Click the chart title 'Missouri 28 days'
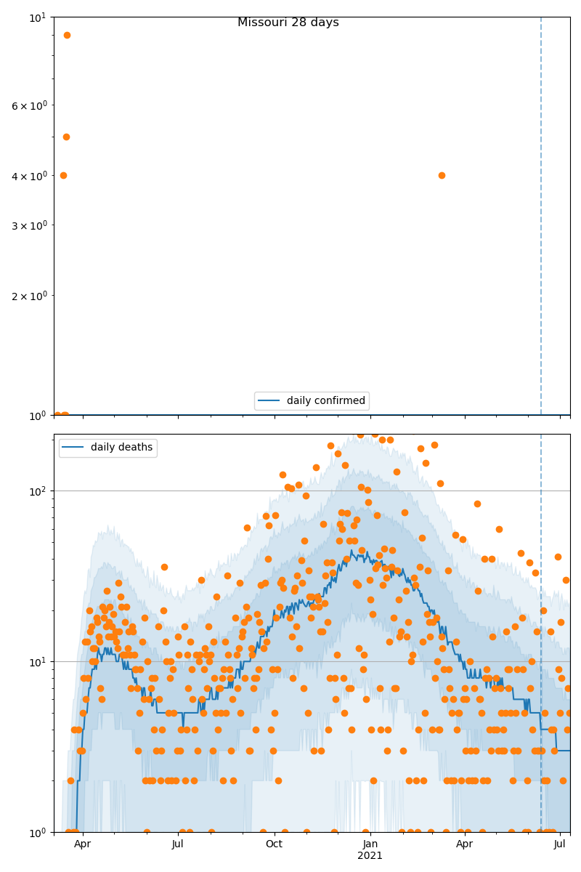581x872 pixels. [x=288, y=23]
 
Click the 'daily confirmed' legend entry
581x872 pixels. [x=312, y=401]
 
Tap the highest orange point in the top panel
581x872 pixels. [x=67, y=35]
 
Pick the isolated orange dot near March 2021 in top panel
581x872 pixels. [x=442, y=175]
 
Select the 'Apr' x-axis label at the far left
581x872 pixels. [x=82, y=844]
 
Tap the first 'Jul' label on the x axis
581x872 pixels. [x=178, y=844]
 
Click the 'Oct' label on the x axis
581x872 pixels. [x=274, y=844]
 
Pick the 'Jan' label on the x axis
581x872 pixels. [x=370, y=844]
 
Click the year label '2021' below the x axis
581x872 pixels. [x=370, y=856]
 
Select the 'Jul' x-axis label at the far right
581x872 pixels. [x=560, y=844]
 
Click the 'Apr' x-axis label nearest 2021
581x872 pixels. [x=464, y=844]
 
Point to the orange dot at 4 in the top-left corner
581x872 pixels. [x=63, y=175]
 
